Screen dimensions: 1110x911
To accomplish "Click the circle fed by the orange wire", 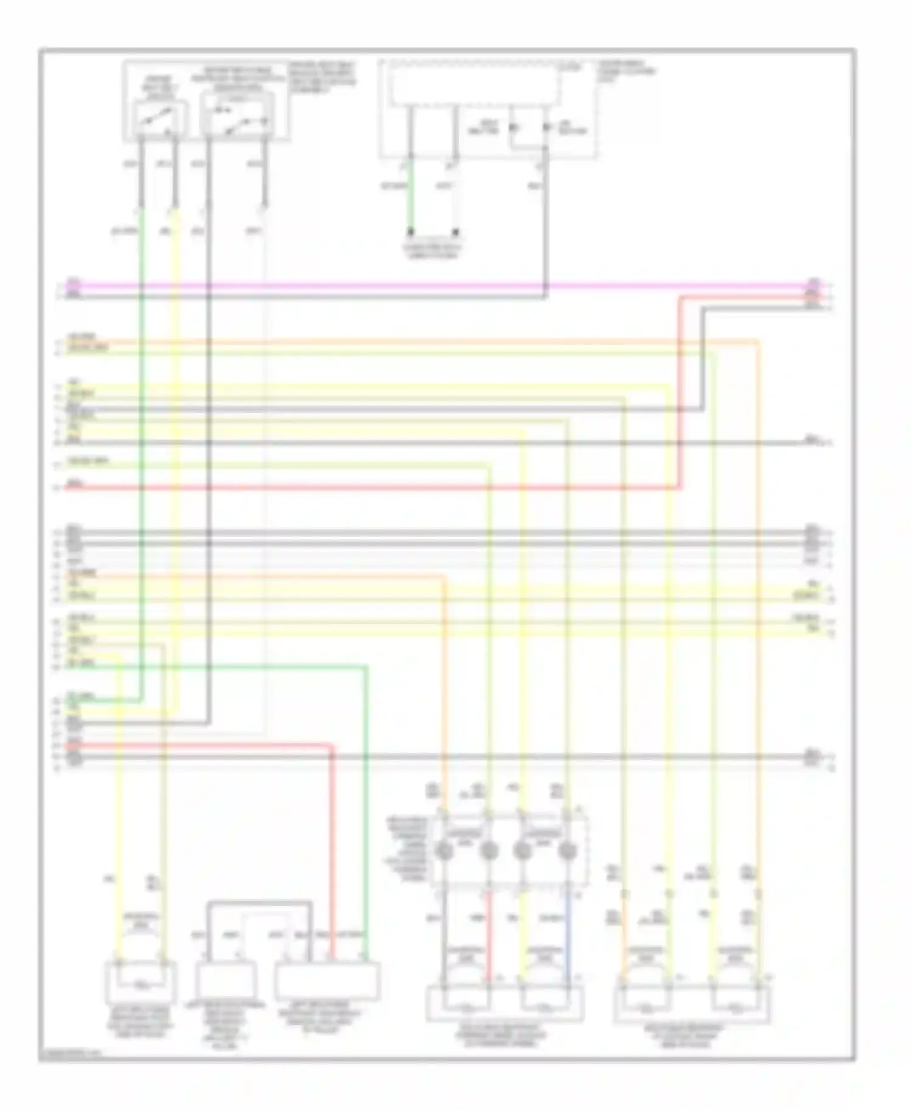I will [444, 852].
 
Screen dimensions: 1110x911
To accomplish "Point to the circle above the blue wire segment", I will [567, 852].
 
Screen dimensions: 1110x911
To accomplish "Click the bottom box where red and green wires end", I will [327, 981].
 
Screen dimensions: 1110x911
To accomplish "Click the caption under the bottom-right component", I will [692, 1036].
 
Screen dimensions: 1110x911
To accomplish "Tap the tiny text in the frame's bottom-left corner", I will [70, 1056].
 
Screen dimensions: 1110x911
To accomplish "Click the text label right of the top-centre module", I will [626, 71].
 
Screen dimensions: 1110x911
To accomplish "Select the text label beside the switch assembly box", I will [322, 76].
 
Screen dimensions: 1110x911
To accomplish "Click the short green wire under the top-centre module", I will [411, 194].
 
